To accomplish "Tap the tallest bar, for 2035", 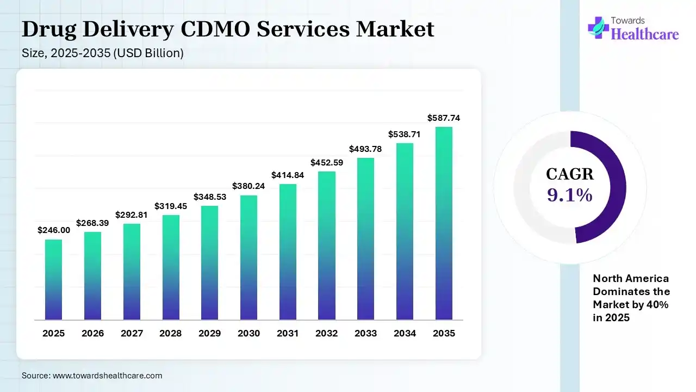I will pyautogui.click(x=444, y=223).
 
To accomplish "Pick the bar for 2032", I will pyautogui.click(x=327, y=246).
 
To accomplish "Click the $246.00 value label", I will pyautogui.click(x=54, y=230).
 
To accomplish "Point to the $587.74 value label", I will pyautogui.click(x=444, y=118).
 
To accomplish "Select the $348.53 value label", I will pyautogui.click(x=210, y=196).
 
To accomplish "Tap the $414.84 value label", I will pyautogui.click(x=288, y=175).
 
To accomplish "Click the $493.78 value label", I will pyautogui.click(x=365, y=149).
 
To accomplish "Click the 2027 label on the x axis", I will pyautogui.click(x=132, y=333).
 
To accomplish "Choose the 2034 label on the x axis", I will pyautogui.click(x=405, y=333).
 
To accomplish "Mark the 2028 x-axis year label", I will pyautogui.click(x=171, y=333).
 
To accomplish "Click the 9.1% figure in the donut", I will pyautogui.click(x=570, y=195).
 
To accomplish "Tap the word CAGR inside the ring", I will pyautogui.click(x=570, y=174).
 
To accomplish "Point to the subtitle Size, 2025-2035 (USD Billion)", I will pyautogui.click(x=103, y=53).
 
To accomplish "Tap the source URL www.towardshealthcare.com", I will pyautogui.click(x=108, y=376).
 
